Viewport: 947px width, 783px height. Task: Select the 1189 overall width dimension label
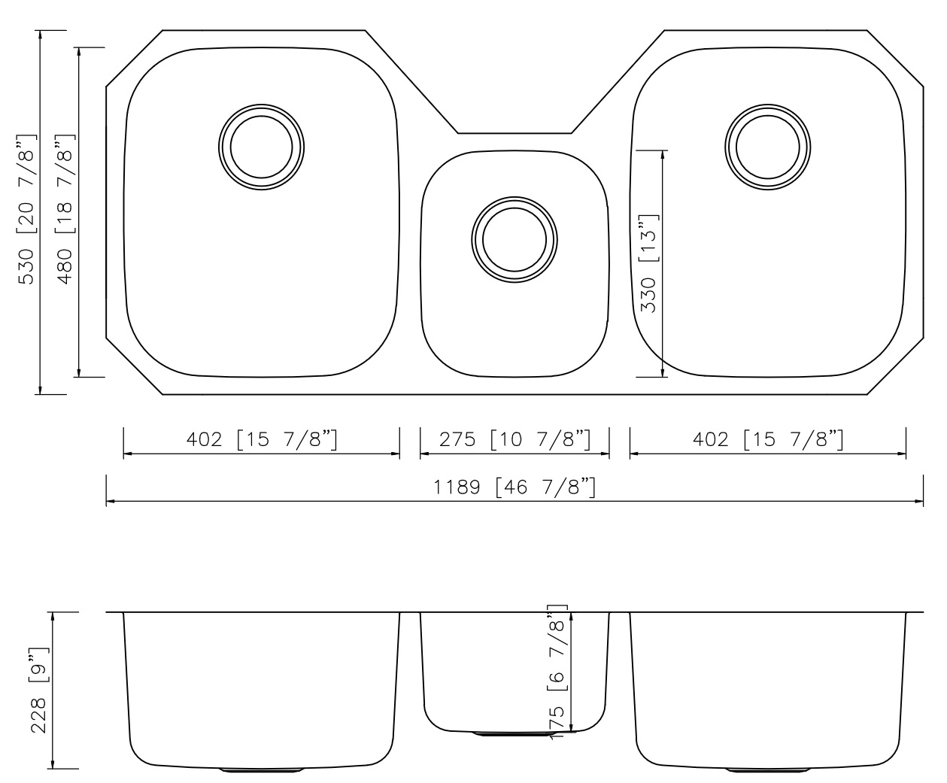514,487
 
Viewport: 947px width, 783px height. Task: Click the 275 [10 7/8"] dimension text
514,439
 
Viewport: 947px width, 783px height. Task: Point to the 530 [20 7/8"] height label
26,209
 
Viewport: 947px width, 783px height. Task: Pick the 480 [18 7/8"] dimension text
65,209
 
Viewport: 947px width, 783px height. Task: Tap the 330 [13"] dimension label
648,263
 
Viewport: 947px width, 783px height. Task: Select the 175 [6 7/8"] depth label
557,672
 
